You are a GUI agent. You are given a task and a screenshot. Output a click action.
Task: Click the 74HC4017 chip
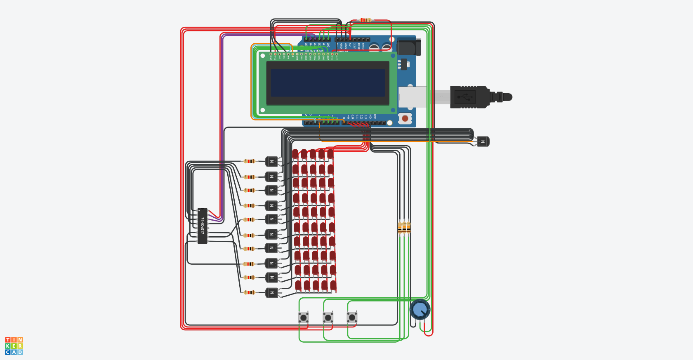click(x=202, y=226)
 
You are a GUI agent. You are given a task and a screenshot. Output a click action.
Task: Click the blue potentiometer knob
click(x=420, y=309)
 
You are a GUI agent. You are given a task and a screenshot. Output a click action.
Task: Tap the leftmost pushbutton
click(x=304, y=318)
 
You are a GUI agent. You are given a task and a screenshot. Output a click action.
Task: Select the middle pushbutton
click(x=328, y=318)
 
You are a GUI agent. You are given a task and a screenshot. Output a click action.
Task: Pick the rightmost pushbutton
click(x=352, y=318)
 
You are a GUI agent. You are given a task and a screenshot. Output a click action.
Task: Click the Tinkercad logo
click(x=14, y=346)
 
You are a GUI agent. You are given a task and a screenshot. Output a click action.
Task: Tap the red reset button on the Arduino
click(x=405, y=118)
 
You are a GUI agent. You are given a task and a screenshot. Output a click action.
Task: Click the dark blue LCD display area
click(x=328, y=83)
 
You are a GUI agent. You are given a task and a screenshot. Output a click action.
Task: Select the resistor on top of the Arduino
click(x=365, y=20)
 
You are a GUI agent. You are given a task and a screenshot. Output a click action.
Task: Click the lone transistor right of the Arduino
click(x=483, y=141)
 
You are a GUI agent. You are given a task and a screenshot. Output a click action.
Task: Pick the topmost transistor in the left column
click(x=271, y=161)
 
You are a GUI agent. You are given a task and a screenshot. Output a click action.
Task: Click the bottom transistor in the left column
click(x=271, y=293)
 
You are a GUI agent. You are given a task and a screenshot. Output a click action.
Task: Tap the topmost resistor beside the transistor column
click(x=249, y=161)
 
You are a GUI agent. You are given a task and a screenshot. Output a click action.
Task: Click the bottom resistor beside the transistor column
click(x=249, y=292)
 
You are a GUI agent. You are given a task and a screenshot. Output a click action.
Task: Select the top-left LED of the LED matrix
click(x=295, y=154)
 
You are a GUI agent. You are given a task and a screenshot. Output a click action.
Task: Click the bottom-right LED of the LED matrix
click(x=333, y=285)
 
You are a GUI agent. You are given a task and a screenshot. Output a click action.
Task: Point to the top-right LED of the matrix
click(x=330, y=154)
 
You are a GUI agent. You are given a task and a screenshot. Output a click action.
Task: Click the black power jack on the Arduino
click(x=408, y=47)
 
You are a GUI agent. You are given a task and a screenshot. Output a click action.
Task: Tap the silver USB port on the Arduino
click(x=412, y=97)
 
